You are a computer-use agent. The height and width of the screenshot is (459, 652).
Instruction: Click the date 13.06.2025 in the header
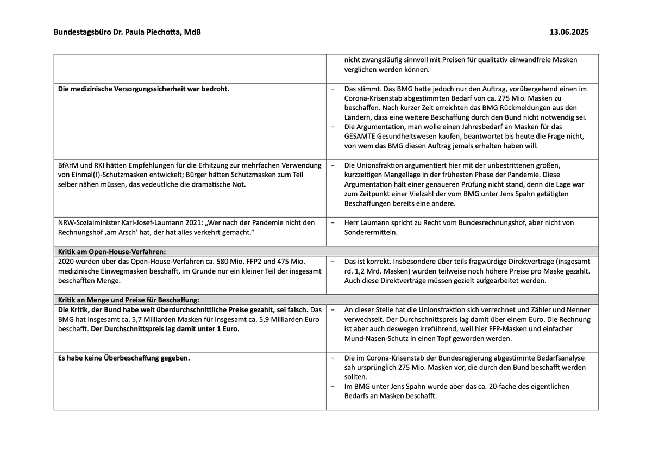coord(569,33)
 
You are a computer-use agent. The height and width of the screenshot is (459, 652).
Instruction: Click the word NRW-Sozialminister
coord(89,222)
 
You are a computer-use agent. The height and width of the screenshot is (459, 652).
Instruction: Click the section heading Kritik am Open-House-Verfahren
coord(111,251)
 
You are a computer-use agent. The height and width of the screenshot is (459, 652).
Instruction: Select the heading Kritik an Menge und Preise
coord(129,299)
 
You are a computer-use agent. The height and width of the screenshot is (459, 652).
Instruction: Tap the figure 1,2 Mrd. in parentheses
coord(363,271)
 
